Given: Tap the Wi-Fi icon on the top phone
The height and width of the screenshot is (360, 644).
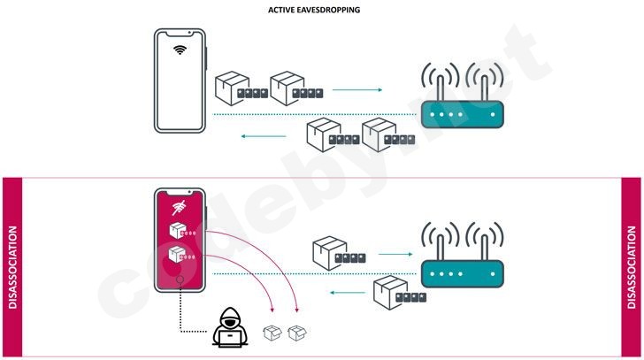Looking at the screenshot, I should [180, 49].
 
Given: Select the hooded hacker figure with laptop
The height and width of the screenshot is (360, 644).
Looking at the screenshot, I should [228, 331].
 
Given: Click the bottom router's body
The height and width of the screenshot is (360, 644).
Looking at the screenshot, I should [460, 272].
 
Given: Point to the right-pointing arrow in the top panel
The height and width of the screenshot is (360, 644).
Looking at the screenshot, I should [357, 90].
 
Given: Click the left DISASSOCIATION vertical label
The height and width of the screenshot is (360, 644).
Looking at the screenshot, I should [12, 267].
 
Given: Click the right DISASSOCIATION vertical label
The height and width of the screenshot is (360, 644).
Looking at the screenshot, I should [632, 267].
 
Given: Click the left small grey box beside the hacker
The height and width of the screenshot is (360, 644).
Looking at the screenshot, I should [273, 333].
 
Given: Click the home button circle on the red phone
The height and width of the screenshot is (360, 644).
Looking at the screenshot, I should [180, 281].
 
